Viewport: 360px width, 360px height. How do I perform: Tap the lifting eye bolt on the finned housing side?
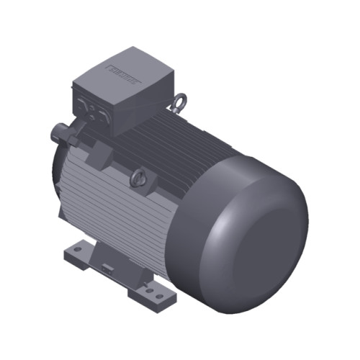click(x=138, y=175)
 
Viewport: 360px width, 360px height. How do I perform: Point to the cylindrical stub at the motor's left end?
click(x=57, y=134)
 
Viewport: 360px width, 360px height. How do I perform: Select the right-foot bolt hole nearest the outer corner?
click(x=158, y=296)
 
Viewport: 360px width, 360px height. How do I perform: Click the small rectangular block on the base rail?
click(x=107, y=268)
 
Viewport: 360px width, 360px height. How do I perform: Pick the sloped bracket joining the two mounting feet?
click(x=115, y=256)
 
